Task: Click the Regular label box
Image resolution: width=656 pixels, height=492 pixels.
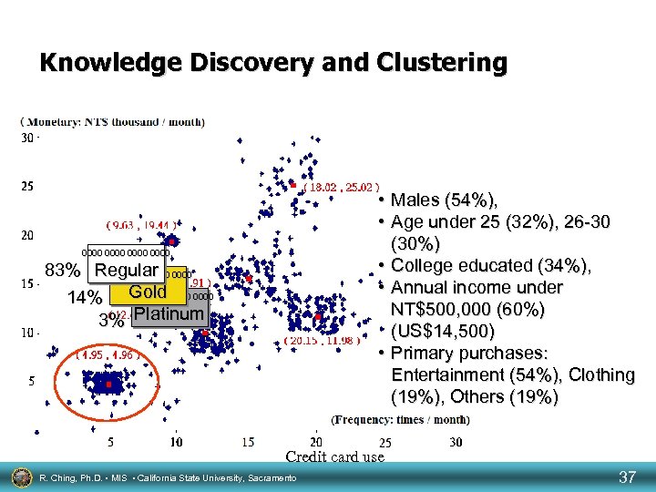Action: tap(127, 271)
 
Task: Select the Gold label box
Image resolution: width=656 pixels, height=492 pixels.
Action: tap(148, 292)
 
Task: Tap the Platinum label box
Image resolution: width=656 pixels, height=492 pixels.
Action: tap(169, 314)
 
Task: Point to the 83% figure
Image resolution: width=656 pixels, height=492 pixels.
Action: tap(64, 272)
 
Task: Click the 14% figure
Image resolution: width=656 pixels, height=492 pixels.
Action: tap(84, 298)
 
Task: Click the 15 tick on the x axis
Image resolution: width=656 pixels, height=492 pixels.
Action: tap(248, 442)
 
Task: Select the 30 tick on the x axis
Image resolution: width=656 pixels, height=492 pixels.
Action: tap(456, 442)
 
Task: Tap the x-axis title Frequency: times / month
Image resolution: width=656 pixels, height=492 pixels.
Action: tap(401, 420)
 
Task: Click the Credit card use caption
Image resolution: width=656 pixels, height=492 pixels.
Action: tap(334, 457)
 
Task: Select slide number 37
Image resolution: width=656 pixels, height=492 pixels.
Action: tap(627, 477)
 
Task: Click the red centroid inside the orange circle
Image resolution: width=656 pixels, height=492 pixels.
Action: tap(108, 385)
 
